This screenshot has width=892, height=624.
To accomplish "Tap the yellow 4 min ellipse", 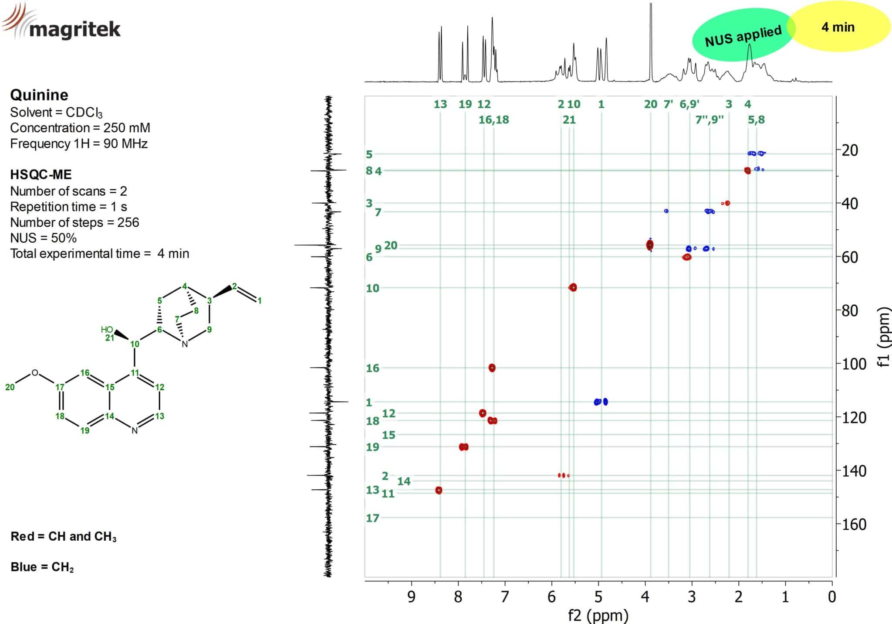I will coord(838,27).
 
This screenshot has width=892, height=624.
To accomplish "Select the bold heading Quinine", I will coord(39,95).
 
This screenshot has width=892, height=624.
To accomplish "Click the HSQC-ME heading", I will coord(41,174).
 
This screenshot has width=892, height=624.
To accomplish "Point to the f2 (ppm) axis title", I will coord(598,615).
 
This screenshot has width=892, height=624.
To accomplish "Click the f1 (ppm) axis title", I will coord(883,337).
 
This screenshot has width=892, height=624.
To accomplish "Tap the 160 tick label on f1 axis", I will coord(854,524).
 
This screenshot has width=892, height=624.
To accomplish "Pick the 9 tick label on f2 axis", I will coord(411,597).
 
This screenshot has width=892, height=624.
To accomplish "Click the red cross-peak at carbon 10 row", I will coord(573,287).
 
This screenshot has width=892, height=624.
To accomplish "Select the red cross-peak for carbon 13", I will coord(439,490).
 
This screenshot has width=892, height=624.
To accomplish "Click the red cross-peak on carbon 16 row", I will coord(492,368).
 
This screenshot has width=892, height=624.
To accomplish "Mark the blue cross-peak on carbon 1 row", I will coord(601,402).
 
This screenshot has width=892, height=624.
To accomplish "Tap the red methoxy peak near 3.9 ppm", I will coord(650,245).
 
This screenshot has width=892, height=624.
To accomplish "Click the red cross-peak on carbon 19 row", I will coord(464,447).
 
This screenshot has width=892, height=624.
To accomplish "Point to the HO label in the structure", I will coord(107,330).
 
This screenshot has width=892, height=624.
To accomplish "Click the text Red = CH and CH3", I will coord(64,536).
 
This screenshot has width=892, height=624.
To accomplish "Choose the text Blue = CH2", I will coord(42,567).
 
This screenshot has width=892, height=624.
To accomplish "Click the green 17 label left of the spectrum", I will coord(372,518).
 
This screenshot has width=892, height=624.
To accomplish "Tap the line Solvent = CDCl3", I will coord(56,113).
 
